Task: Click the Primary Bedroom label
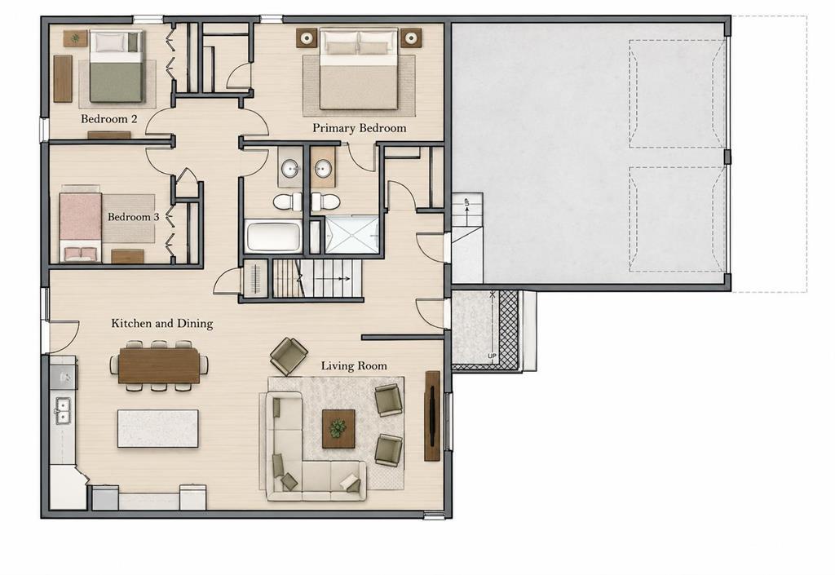tap(359, 128)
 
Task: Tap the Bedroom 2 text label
tap(108, 119)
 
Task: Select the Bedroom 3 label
tap(133, 217)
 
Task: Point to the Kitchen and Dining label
tap(162, 323)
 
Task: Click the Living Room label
tap(354, 365)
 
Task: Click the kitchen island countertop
tap(157, 428)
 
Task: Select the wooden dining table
tap(159, 365)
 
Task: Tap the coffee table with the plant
tap(338, 428)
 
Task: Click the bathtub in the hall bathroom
tap(273, 237)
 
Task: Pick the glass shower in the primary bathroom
tap(352, 235)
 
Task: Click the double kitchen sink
tap(62, 411)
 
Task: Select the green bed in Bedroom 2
tap(117, 66)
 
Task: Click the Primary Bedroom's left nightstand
tap(306, 38)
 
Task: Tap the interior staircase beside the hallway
tap(317, 278)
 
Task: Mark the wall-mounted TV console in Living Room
tap(432, 416)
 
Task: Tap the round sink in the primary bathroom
tap(321, 170)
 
